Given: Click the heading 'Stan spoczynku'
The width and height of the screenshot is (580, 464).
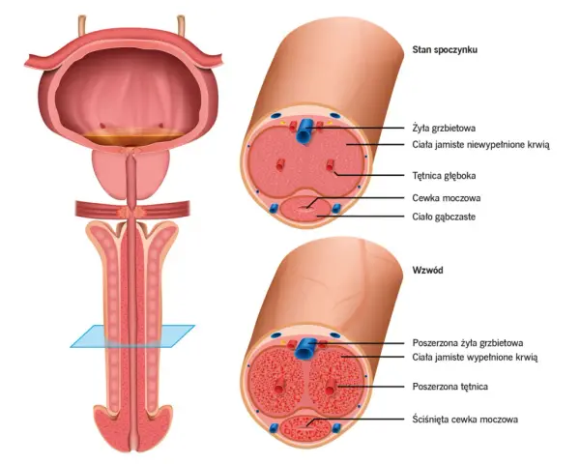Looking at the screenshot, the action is pos(445,50).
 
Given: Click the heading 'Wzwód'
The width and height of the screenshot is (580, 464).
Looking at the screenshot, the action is pos(427,270).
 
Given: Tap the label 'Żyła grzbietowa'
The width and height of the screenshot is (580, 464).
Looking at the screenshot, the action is pos(444,129).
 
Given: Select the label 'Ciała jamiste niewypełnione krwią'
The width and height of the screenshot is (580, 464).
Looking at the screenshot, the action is pos(480,145).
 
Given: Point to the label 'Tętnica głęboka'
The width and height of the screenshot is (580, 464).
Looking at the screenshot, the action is pos(444,175).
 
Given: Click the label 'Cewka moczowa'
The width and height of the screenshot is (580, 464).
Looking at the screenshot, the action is pos(447,198).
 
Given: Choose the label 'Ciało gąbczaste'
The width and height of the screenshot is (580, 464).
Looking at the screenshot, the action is pos(444,217).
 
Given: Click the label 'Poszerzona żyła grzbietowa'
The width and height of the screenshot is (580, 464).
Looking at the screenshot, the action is pos(468,343).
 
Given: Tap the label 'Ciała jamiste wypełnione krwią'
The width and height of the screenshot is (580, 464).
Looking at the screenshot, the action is pos(475,357).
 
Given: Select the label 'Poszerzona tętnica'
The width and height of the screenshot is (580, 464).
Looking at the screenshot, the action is pos(450,387).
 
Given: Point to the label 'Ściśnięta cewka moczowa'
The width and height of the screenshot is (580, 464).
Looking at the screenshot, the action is pos(465,420).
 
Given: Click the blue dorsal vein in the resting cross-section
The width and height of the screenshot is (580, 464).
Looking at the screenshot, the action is pos(304,130).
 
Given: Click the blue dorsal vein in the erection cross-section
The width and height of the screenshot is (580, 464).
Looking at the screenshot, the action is pos(305,348).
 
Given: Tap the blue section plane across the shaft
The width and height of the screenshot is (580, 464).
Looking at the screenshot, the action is pos(132,336).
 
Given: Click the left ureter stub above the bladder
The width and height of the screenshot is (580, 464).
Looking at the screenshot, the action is pos(82,25).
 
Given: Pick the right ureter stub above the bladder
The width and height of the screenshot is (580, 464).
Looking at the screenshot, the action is pos(182,25).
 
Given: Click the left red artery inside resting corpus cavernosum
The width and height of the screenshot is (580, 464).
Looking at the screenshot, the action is pos(280,165).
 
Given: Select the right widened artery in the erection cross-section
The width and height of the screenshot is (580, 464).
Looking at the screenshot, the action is pos(330,388).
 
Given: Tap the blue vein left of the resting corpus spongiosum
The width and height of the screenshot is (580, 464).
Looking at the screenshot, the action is pos(273,209).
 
